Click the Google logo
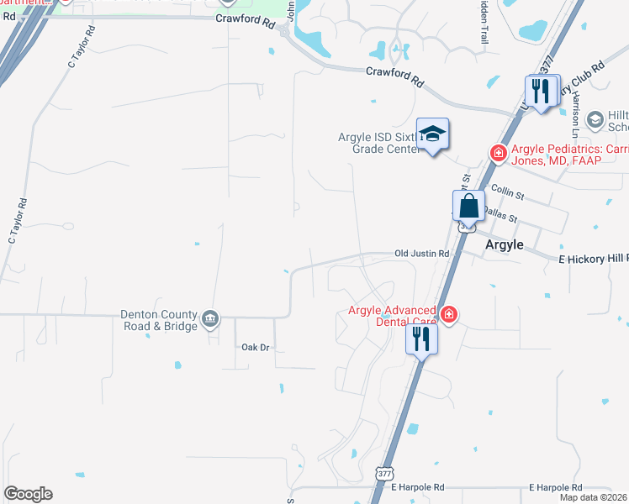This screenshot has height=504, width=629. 28,494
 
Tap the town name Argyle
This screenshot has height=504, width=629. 505,244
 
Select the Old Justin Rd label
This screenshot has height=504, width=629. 422,253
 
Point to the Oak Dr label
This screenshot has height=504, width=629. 255,347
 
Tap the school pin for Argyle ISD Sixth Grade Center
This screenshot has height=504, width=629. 432,134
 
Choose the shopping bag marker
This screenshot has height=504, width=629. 468,206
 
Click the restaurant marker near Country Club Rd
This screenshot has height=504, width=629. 542,90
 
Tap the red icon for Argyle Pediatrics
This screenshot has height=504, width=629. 498,152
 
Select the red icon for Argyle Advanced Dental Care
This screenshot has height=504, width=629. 449,314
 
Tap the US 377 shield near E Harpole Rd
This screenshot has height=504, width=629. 383,474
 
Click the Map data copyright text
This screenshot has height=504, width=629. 594,497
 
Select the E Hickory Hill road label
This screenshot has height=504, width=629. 593,260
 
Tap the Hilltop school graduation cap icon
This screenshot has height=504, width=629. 595,120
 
